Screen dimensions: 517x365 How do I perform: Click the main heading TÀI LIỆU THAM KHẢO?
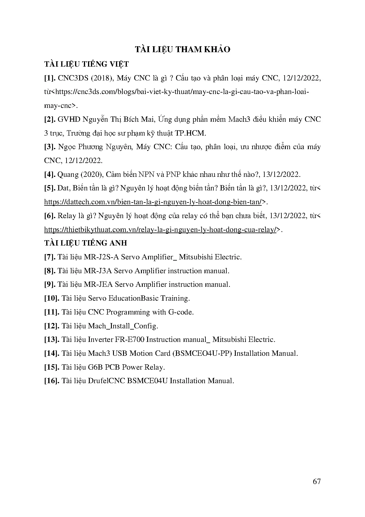point(182,50)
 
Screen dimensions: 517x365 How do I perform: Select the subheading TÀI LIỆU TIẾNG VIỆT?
point(86,64)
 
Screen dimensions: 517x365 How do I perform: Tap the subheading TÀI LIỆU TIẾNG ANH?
point(85,243)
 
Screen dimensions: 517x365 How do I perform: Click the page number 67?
point(317,482)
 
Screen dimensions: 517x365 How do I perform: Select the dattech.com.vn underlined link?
point(153,202)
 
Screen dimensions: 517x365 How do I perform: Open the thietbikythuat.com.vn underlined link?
point(160,230)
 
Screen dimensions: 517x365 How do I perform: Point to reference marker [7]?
point(50,257)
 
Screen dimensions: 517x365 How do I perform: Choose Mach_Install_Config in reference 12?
point(123,326)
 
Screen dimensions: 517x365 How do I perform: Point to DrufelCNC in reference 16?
point(107,381)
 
